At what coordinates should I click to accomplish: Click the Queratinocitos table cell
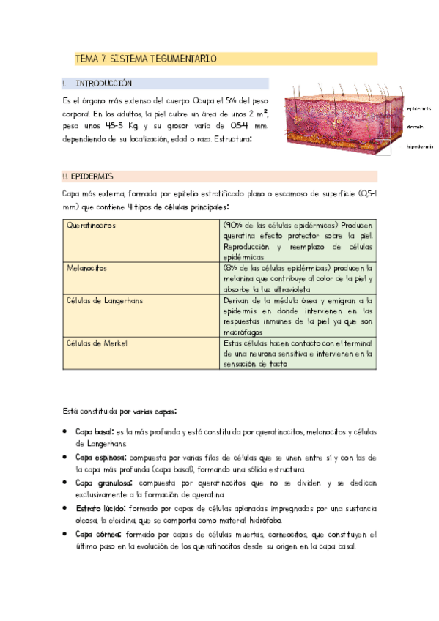tap(92, 226)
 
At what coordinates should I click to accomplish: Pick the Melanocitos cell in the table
tap(86, 269)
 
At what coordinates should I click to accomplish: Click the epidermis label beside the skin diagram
tap(418, 108)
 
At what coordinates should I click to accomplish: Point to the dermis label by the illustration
tap(414, 126)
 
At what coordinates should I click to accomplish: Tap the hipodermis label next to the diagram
tap(420, 146)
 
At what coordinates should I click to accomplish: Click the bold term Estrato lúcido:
tap(100, 508)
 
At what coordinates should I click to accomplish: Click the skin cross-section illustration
tap(340, 118)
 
